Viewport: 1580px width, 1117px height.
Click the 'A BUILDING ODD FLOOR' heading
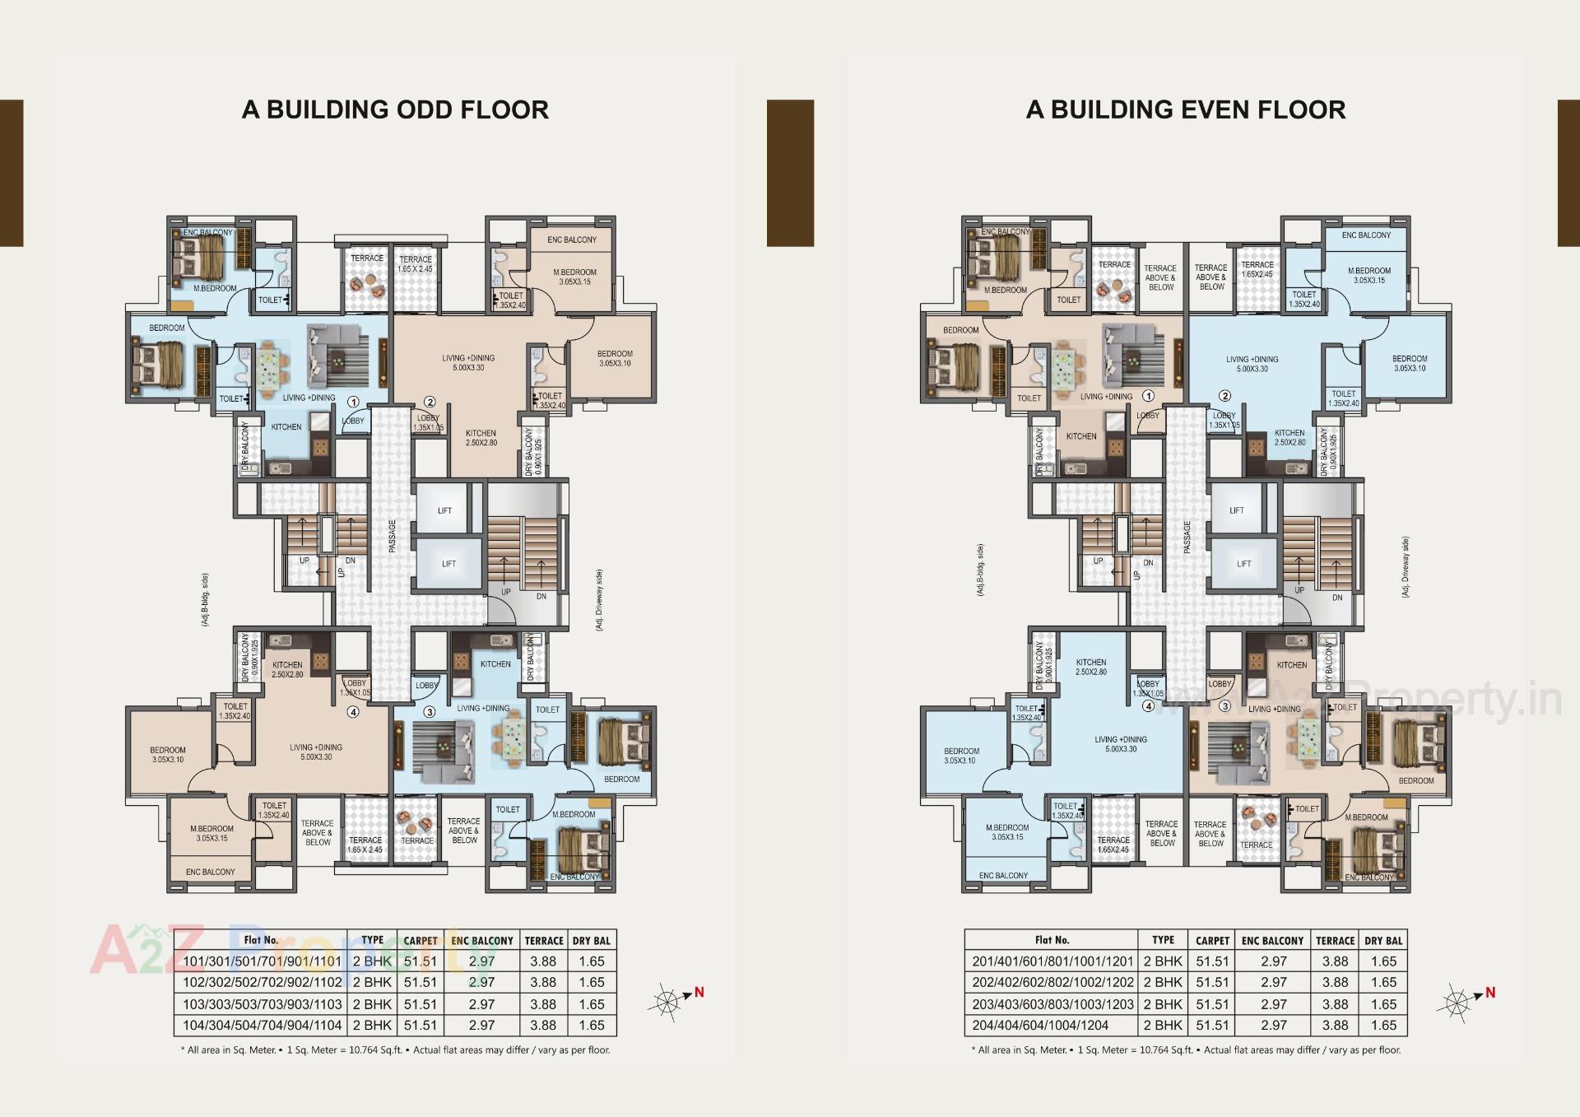(395, 109)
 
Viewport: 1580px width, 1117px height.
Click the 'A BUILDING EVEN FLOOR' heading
(1185, 109)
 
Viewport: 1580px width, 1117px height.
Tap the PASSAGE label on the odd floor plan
(393, 536)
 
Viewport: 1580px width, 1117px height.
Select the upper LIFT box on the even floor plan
(1237, 510)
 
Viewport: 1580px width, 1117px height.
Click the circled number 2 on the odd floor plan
(429, 403)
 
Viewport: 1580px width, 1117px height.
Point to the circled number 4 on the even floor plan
(1149, 705)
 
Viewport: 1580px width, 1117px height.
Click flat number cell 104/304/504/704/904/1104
(262, 1026)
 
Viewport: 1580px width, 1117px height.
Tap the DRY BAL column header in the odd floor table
(592, 940)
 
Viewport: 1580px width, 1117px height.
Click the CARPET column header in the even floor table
(1212, 940)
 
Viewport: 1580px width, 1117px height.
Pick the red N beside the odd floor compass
(699, 992)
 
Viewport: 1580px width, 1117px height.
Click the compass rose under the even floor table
(1457, 1003)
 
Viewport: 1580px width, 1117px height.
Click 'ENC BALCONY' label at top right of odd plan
(572, 240)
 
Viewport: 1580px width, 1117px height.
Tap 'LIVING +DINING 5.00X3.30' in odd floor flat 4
(316, 752)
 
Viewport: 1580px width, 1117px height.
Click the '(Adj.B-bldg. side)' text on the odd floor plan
(205, 601)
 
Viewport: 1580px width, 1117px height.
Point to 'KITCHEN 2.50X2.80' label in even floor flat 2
(1290, 437)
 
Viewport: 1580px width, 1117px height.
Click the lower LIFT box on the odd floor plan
(448, 564)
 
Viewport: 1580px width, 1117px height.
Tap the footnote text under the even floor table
(1185, 1050)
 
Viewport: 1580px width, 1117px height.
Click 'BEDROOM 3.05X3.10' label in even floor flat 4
(961, 756)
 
